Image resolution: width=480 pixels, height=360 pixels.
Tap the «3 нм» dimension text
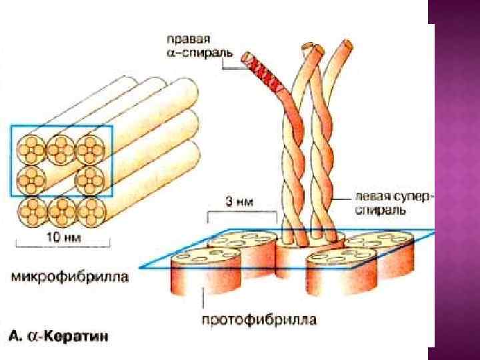click(x=242, y=201)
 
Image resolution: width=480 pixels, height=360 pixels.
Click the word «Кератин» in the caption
click(x=83, y=335)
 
